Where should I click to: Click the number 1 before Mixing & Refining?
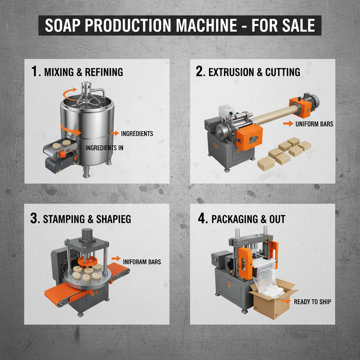point(34,72)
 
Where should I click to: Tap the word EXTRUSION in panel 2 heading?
point(230,72)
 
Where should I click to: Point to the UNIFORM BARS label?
point(314,124)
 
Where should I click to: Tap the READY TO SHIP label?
point(312,302)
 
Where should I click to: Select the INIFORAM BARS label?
point(142,262)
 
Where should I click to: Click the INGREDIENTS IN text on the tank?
point(104,148)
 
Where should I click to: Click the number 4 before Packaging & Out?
point(202,219)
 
